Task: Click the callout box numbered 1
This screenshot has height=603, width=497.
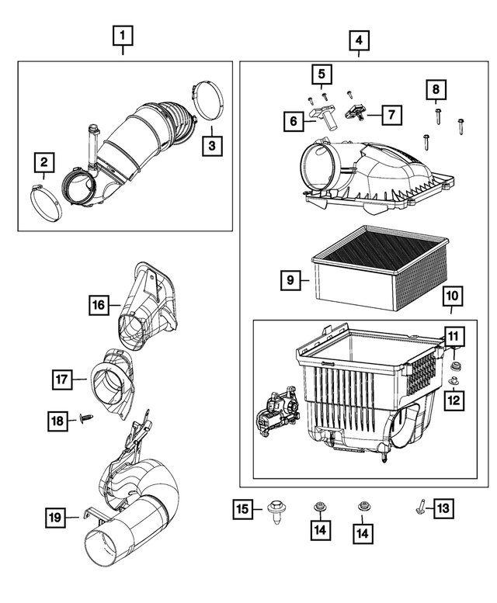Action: (x=123, y=36)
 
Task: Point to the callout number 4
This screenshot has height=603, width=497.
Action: (x=359, y=40)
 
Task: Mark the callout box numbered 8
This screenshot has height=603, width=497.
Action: (x=435, y=89)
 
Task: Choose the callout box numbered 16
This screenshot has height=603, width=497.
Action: (x=98, y=306)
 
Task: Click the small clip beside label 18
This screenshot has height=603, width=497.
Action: (x=83, y=420)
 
